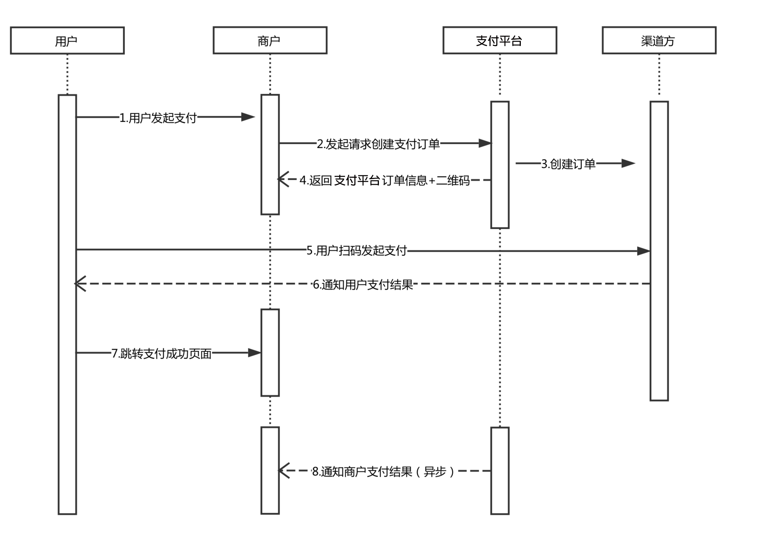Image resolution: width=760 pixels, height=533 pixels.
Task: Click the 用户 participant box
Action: point(67,41)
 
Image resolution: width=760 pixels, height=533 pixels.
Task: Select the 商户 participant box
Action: point(270,41)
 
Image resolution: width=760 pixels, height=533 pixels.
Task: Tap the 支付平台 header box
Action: point(499,41)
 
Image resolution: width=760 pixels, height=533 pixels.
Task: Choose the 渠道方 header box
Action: point(659,41)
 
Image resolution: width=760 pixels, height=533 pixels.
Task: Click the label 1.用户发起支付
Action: point(158,118)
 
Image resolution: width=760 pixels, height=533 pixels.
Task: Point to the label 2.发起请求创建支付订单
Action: point(378,144)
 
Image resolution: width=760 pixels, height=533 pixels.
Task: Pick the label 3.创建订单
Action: point(568,164)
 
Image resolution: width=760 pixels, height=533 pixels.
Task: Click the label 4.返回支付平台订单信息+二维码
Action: point(384,180)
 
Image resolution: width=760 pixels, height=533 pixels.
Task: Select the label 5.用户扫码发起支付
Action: point(356,251)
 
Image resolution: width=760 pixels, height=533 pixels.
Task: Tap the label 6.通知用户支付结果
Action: point(363,285)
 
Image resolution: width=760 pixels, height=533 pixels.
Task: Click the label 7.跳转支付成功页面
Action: point(162,353)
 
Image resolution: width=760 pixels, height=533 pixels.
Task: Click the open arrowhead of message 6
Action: point(80,284)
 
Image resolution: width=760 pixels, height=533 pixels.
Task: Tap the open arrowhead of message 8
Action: point(284,471)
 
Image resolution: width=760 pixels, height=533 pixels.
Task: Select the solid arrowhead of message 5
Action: point(643,251)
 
